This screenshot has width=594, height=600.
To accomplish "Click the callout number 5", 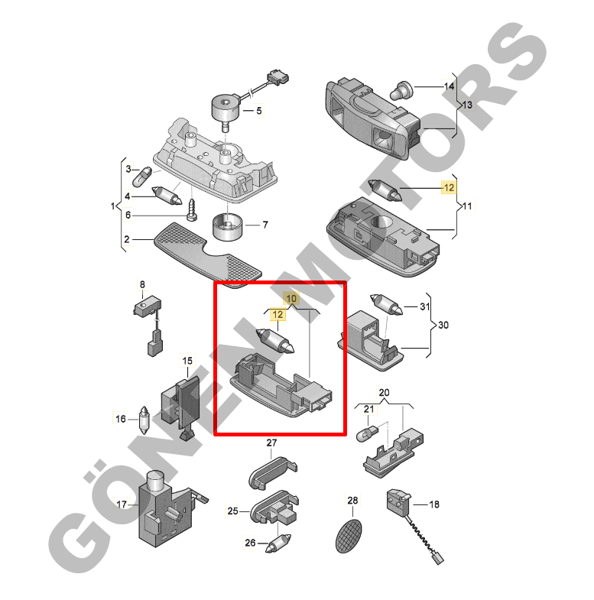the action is [259, 111].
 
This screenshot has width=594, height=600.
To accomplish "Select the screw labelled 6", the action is [193, 210].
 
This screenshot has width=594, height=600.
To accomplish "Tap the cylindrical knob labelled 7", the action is [227, 227].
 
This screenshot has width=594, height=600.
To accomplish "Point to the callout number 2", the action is [127, 239].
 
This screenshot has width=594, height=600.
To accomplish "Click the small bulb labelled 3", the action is [142, 177].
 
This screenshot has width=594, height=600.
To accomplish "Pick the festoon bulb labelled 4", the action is [167, 195].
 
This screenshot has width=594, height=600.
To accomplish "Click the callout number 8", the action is [142, 284].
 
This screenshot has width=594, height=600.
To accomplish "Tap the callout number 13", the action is [467, 105].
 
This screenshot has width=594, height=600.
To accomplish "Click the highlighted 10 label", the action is [291, 298].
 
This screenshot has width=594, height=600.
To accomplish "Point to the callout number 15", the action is [187, 361].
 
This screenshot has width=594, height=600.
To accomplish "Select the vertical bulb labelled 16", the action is [144, 420].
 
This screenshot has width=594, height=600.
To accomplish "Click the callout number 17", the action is [122, 504].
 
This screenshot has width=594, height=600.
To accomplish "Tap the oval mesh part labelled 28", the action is [349, 536].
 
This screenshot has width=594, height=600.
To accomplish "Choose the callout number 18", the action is [434, 504].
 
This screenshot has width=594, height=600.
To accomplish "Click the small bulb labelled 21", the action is [368, 434].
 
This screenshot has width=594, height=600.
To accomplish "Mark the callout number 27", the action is [271, 443].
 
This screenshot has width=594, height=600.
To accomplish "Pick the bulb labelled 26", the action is [278, 543].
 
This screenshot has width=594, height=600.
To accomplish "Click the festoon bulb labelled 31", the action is [386, 305].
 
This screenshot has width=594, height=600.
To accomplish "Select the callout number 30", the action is [443, 325].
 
